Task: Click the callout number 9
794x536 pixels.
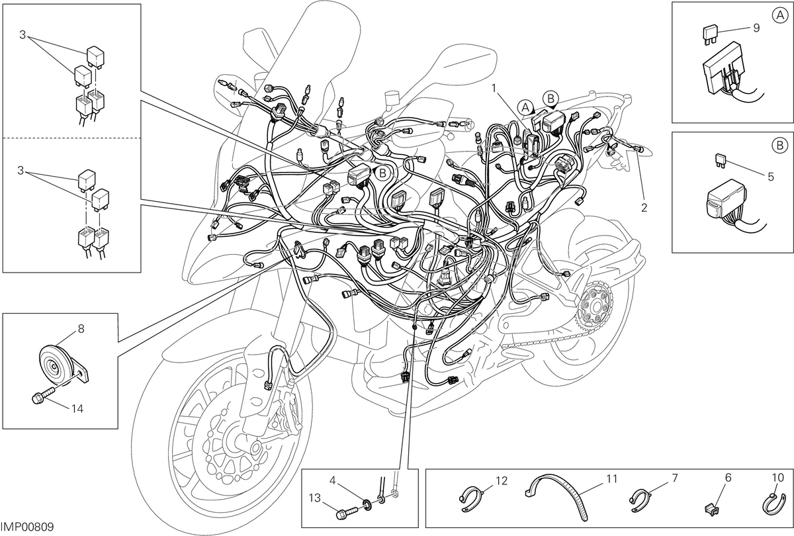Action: click(x=756, y=28)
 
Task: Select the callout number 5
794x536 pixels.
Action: click(x=771, y=177)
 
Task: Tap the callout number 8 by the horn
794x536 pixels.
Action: click(x=81, y=329)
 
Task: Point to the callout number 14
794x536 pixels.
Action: click(x=77, y=409)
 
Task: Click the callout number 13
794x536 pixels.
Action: click(x=314, y=498)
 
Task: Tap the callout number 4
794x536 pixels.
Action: click(x=332, y=480)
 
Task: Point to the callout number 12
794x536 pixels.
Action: click(x=502, y=481)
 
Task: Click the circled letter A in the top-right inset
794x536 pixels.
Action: click(x=779, y=15)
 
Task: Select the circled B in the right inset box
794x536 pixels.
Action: click(x=780, y=146)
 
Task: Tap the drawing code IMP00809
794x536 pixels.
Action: click(x=27, y=527)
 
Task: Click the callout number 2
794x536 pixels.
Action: click(x=644, y=208)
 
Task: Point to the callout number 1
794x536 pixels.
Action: click(x=494, y=88)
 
